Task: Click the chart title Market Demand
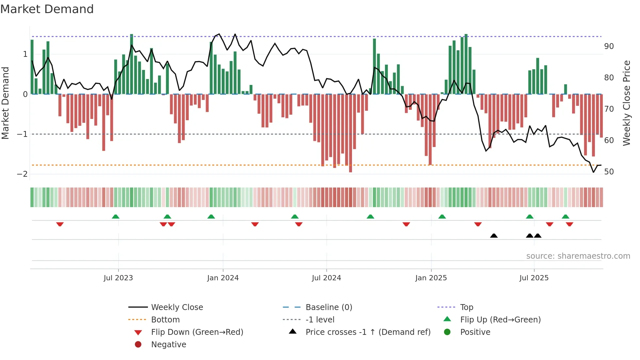pyautogui.click(x=47, y=9)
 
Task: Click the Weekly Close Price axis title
pyautogui.click(x=626, y=103)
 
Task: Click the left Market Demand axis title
pyautogui.click(x=6, y=103)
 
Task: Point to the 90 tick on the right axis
pyautogui.click(x=609, y=46)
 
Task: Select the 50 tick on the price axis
pyautogui.click(x=609, y=172)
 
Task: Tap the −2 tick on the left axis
pyautogui.click(x=23, y=174)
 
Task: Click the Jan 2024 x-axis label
pyautogui.click(x=223, y=278)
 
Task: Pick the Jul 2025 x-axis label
pyautogui.click(x=534, y=278)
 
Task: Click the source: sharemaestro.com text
pyautogui.click(x=578, y=256)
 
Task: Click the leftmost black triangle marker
pyautogui.click(x=494, y=236)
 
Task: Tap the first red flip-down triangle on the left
pyautogui.click(x=60, y=224)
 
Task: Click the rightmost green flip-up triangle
pyautogui.click(x=566, y=217)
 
